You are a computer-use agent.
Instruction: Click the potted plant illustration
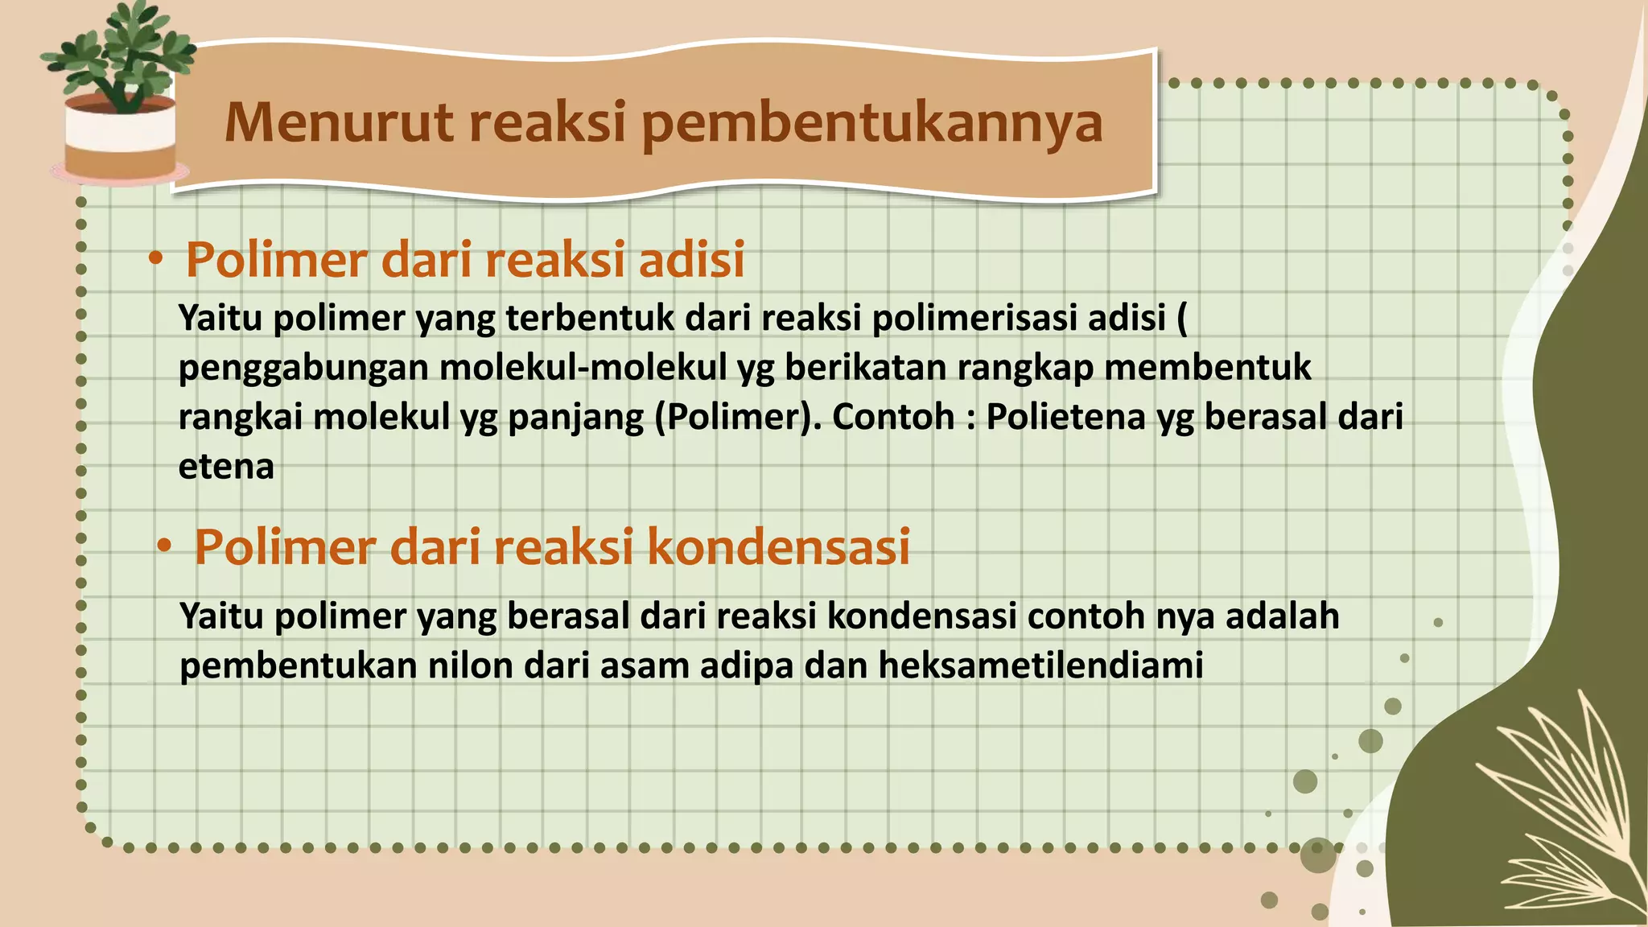119,93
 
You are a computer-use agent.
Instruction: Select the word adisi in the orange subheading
691,260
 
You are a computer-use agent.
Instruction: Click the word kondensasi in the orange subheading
778,547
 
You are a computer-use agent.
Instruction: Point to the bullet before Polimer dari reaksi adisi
156,259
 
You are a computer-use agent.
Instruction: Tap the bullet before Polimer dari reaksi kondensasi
164,546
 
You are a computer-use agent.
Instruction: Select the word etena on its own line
226,467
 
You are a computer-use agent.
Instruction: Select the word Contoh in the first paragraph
893,417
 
